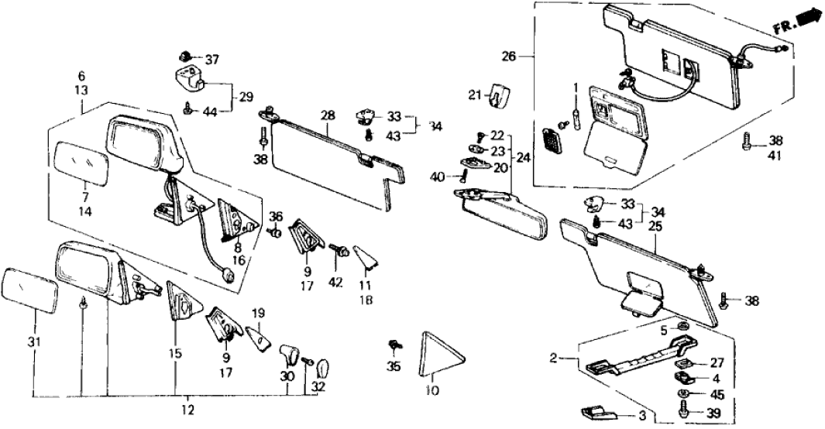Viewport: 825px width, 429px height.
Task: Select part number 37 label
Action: click(191, 60)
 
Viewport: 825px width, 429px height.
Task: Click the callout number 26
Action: click(509, 56)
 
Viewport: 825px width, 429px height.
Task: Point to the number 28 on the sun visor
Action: click(328, 115)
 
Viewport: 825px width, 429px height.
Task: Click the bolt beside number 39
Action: click(686, 414)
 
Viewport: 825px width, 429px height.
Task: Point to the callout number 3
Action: click(641, 415)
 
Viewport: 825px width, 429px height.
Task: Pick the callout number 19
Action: click(259, 314)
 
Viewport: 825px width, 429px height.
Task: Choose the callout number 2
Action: click(553, 358)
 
